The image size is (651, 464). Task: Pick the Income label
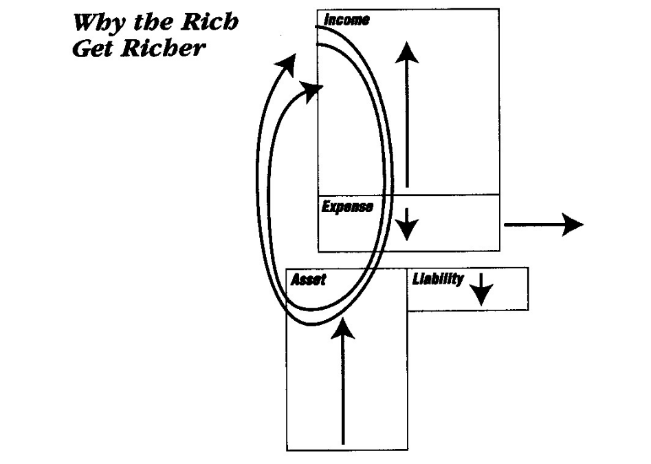pos(346,19)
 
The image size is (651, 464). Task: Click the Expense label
pos(347,207)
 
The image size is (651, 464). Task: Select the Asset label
pos(308,280)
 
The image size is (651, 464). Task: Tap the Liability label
pos(437,280)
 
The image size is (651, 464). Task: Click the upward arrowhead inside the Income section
pos(408,52)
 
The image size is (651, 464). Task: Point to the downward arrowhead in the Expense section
pos(408,231)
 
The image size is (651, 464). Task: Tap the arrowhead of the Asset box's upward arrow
pos(342,330)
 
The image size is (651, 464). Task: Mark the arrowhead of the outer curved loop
pos(287,67)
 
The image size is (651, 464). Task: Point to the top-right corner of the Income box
pos(499,9)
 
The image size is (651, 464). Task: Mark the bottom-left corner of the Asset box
pos(287,450)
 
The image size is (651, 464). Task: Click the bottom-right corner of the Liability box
pos(528,310)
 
